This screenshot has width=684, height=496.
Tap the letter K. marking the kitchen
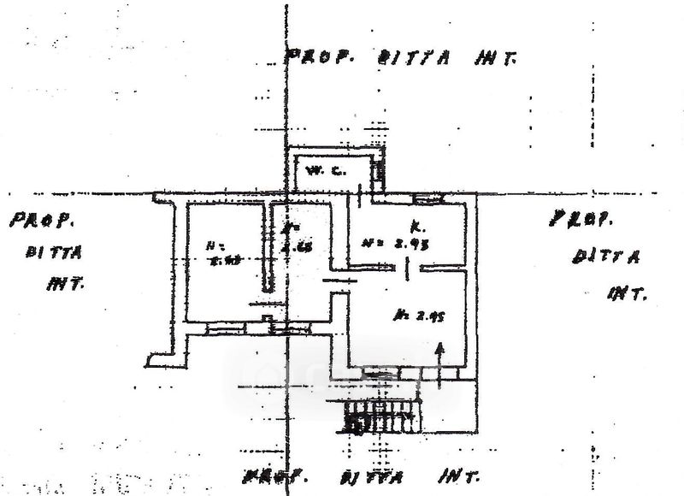[415, 226]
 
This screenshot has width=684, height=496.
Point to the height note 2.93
[398, 243]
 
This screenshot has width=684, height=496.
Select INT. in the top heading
[492, 59]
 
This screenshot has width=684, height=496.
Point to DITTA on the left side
[53, 252]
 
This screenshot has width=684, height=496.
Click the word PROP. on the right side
[581, 221]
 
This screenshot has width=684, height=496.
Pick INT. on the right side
[627, 293]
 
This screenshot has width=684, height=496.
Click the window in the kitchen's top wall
[424, 199]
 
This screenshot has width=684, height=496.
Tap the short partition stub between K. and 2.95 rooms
[407, 271]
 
